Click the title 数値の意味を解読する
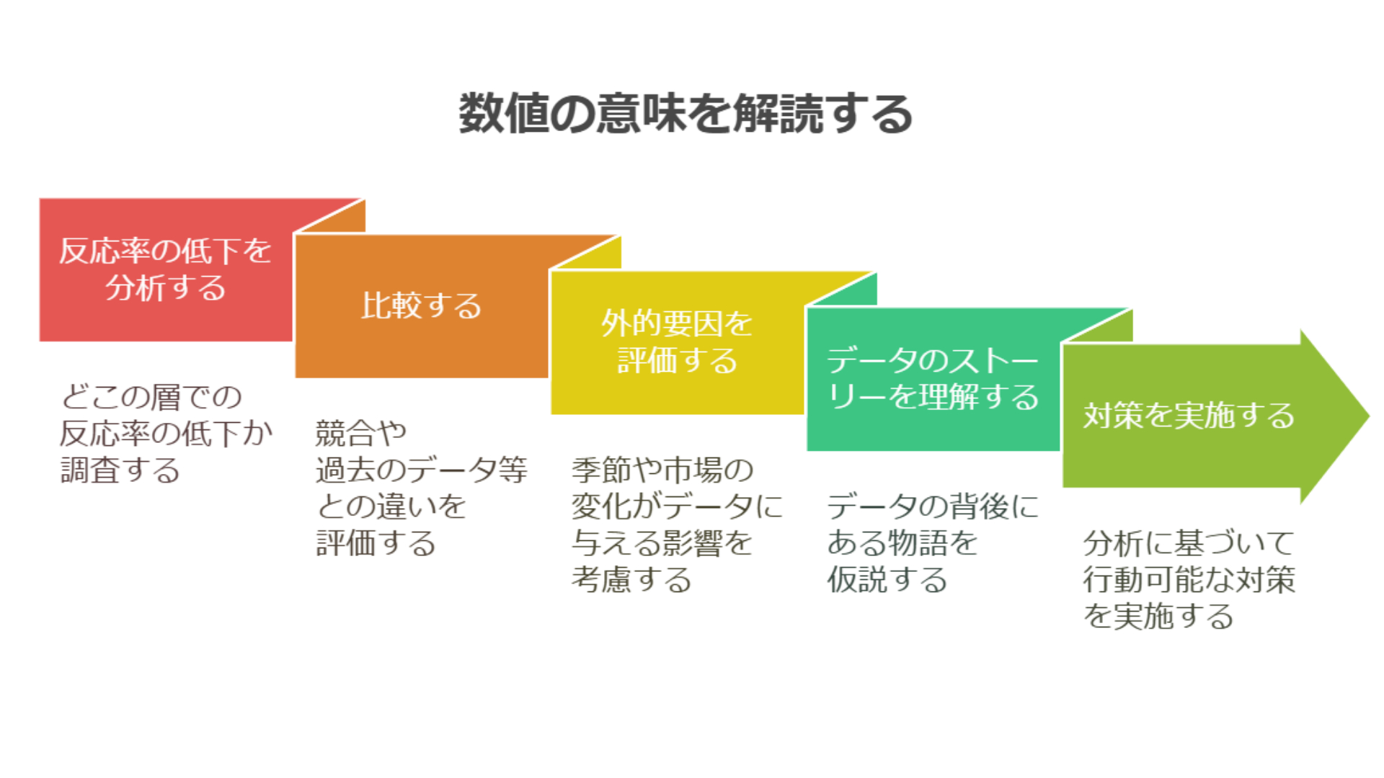click(686, 114)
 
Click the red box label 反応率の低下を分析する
click(165, 269)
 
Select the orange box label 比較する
click(421, 305)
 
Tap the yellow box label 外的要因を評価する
click(677, 342)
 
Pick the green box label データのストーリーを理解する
click(933, 378)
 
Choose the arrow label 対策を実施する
click(1189, 416)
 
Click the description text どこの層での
click(151, 397)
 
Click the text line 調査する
click(120, 470)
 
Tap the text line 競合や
click(361, 433)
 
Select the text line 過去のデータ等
click(421, 470)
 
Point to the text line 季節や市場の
click(662, 470)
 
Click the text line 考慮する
click(631, 580)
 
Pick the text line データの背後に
click(933, 506)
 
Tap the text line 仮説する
click(887, 580)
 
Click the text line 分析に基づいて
click(1189, 543)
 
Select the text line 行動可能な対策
click(1189, 580)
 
